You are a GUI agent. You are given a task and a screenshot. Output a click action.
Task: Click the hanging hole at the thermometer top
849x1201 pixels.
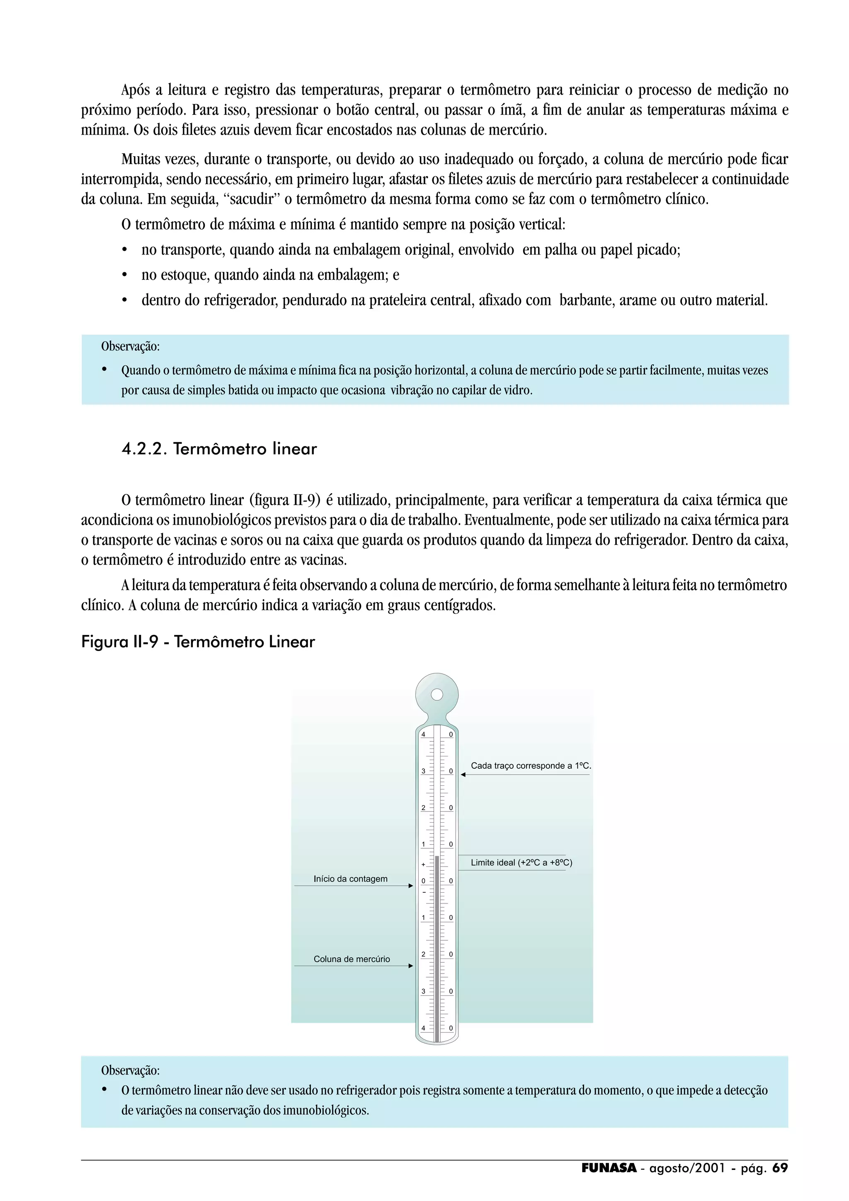coord(437,695)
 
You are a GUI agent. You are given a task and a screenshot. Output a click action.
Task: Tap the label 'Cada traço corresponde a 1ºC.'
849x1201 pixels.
coord(531,766)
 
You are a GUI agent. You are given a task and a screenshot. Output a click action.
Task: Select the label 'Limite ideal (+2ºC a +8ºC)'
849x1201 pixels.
coord(521,862)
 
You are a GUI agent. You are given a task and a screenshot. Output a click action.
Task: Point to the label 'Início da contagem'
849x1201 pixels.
coord(350,879)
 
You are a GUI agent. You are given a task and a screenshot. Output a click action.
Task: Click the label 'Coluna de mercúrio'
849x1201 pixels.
coord(352,959)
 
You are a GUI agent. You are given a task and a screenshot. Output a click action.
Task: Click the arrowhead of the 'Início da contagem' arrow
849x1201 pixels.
coord(411,886)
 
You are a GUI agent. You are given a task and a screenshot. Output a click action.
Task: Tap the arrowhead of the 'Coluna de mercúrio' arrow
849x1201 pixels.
coord(411,966)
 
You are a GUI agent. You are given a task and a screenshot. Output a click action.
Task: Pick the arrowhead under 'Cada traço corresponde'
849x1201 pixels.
coord(463,775)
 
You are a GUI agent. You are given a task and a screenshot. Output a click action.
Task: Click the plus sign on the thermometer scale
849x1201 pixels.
coord(423,864)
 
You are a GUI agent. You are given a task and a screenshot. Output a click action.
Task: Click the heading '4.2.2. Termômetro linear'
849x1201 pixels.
coord(219,449)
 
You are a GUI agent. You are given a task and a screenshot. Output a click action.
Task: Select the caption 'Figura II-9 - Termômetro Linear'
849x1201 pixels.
coord(198,642)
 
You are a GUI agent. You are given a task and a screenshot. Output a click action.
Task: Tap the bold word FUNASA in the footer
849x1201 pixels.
coord(609,1168)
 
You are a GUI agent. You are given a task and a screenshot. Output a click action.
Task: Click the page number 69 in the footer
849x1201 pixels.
coord(779,1168)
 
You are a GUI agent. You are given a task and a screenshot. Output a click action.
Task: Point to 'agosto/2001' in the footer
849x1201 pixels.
coord(687,1168)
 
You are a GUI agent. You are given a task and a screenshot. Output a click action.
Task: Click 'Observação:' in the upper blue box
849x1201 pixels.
coord(130,346)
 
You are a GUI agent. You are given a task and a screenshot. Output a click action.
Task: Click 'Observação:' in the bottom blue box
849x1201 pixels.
coord(130,1070)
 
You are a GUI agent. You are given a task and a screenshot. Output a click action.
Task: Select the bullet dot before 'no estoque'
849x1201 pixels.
coord(124,275)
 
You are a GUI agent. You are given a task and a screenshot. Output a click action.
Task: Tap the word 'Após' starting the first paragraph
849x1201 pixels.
coord(136,90)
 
